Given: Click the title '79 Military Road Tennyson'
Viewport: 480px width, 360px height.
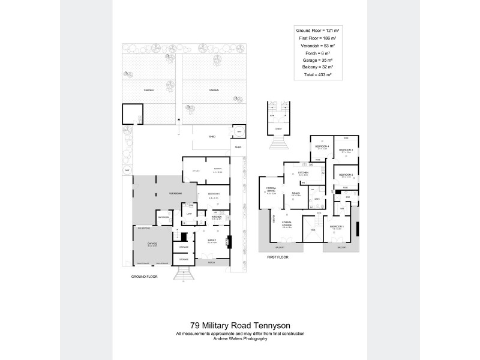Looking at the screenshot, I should click(240, 326).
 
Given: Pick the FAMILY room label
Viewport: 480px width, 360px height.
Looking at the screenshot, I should click(211, 240).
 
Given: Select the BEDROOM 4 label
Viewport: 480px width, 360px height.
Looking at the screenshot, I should click(323, 146).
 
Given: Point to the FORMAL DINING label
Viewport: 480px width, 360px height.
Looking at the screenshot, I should click(271, 191).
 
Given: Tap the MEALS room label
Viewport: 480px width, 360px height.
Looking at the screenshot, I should click(296, 194).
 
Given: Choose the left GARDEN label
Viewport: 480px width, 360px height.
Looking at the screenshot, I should click(149, 90).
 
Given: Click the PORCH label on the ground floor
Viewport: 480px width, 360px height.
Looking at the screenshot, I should click(211, 263).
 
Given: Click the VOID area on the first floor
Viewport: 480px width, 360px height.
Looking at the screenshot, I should click(312, 231).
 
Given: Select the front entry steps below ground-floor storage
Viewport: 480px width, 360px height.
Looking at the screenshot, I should click(183, 274).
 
